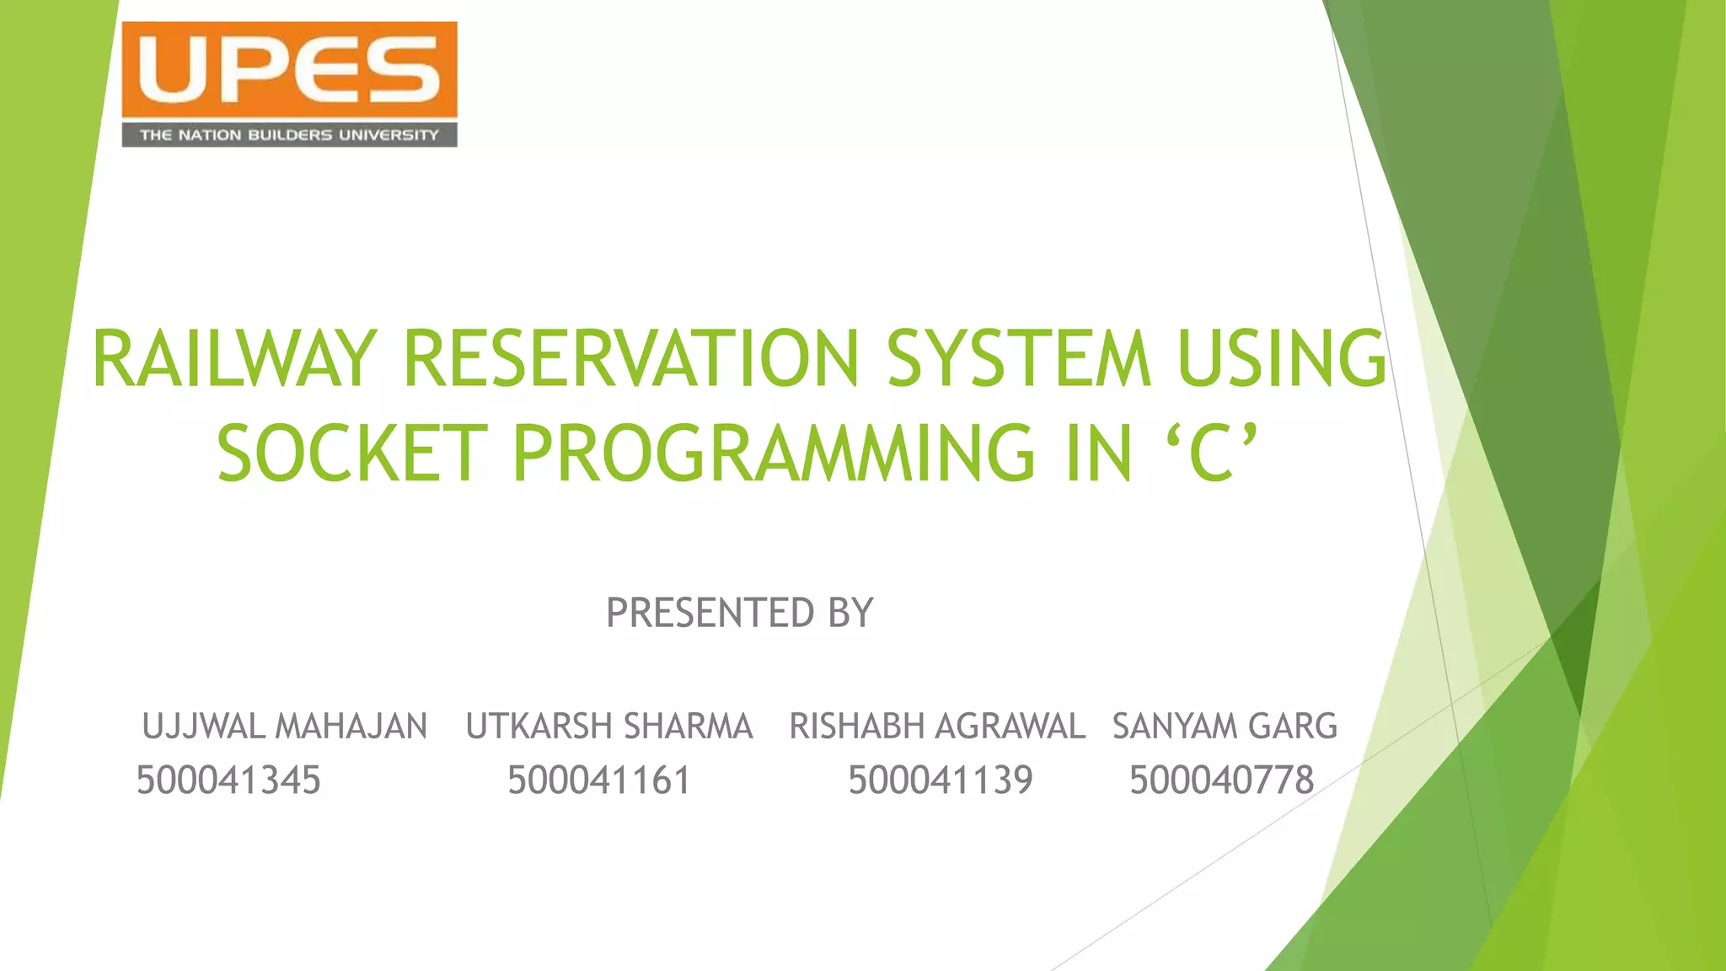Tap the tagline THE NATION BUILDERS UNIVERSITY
click(x=289, y=135)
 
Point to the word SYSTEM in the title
click(x=1018, y=360)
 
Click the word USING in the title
click(x=1282, y=360)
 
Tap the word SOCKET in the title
click(x=352, y=454)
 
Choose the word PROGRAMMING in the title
click(x=773, y=454)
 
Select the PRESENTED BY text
click(x=739, y=613)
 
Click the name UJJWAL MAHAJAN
click(x=285, y=727)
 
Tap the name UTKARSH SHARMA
click(x=608, y=727)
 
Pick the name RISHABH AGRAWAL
click(x=936, y=727)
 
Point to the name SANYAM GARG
click(x=1225, y=727)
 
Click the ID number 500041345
click(x=228, y=781)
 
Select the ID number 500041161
click(x=598, y=781)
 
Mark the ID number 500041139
click(x=940, y=781)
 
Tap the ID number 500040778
click(x=1221, y=781)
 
